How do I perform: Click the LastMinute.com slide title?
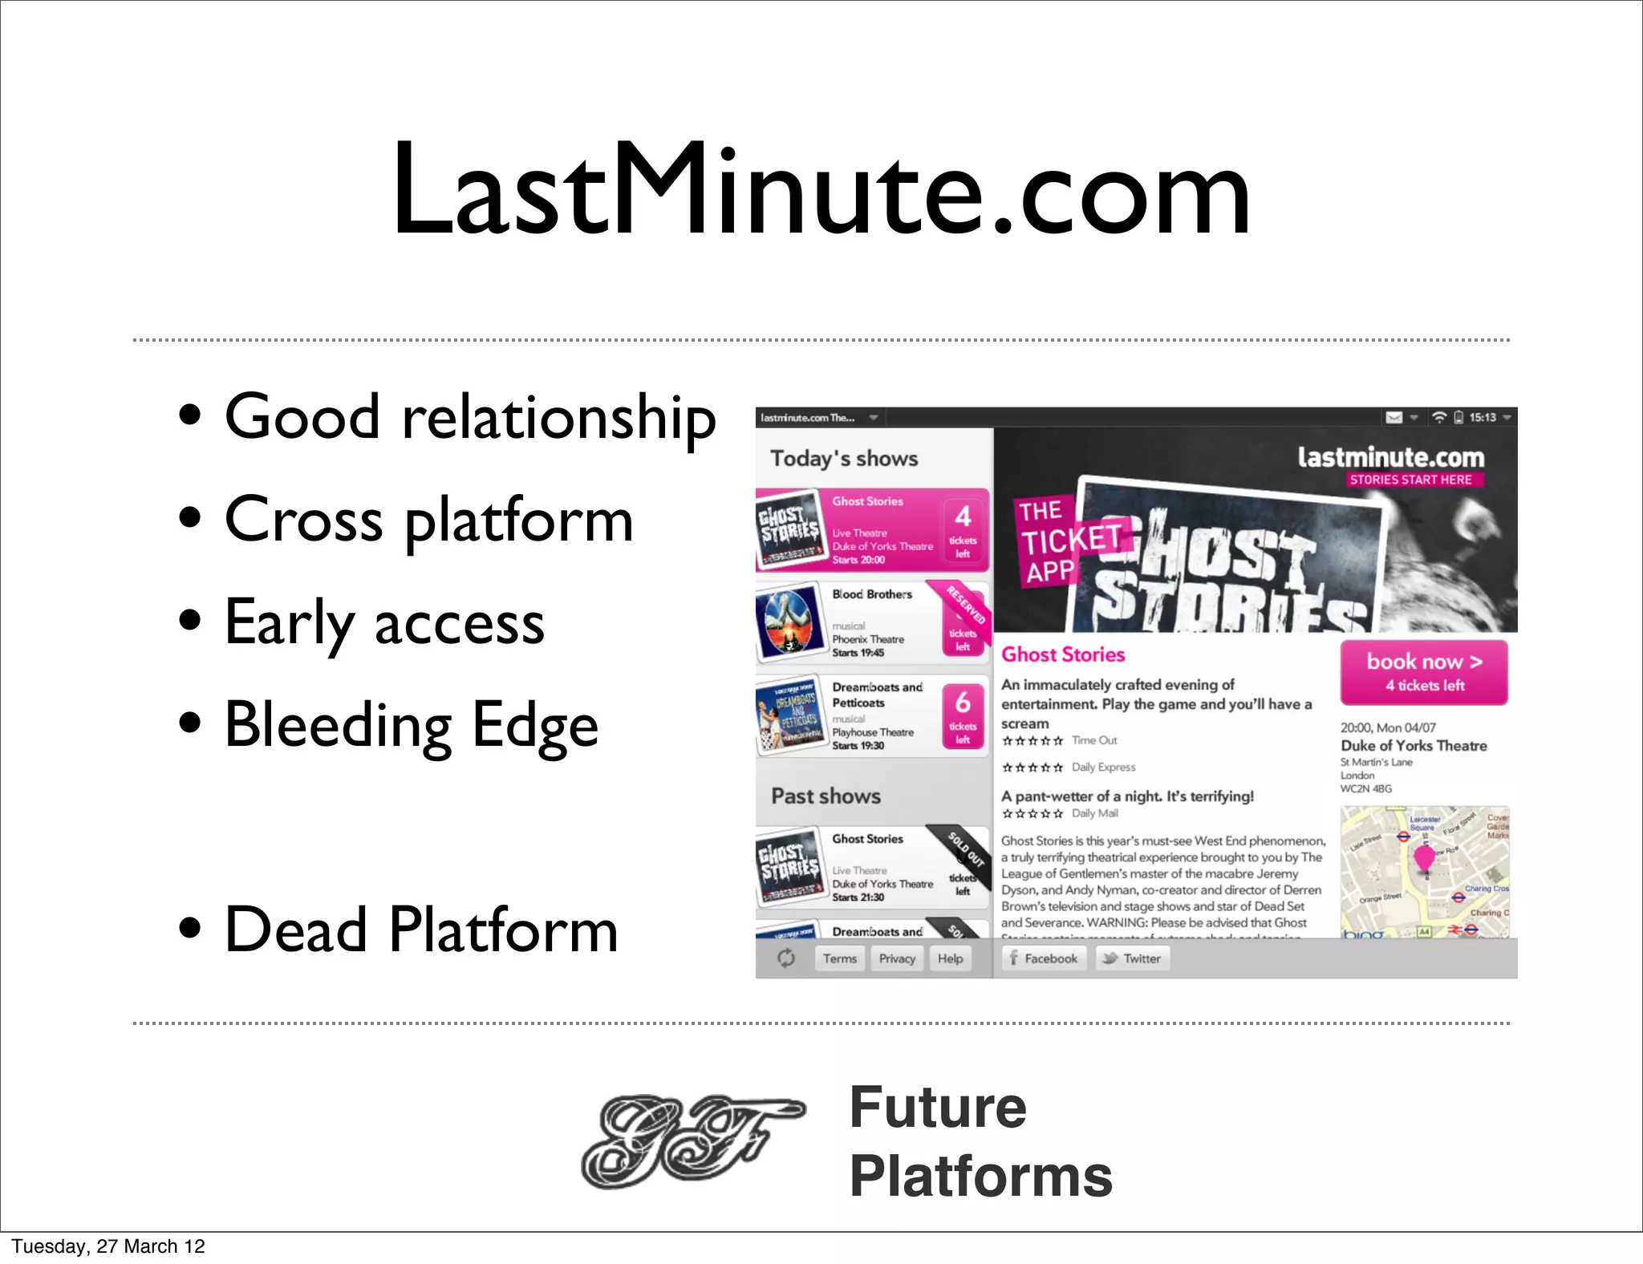pyautogui.click(x=820, y=191)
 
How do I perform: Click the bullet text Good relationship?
pyautogui.click(x=469, y=417)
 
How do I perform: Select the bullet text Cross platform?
pyautogui.click(x=428, y=520)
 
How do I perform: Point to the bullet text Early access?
pyautogui.click(x=384, y=623)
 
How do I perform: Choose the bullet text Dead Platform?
pyautogui.click(x=420, y=930)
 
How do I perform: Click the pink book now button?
pyautogui.click(x=1423, y=672)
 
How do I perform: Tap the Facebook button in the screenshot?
pyautogui.click(x=1044, y=958)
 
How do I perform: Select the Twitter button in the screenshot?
pyautogui.click(x=1133, y=958)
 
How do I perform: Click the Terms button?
pyautogui.click(x=839, y=958)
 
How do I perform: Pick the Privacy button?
pyautogui.click(x=896, y=958)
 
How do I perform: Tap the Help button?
pyautogui.click(x=950, y=958)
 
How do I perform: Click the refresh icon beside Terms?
pyautogui.click(x=785, y=958)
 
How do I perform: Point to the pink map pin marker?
pyautogui.click(x=1424, y=858)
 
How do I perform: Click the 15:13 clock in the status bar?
pyautogui.click(x=1483, y=417)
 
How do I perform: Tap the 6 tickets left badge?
pyautogui.click(x=963, y=715)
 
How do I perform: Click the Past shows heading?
pyautogui.click(x=826, y=796)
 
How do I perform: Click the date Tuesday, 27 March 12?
pyautogui.click(x=108, y=1246)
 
